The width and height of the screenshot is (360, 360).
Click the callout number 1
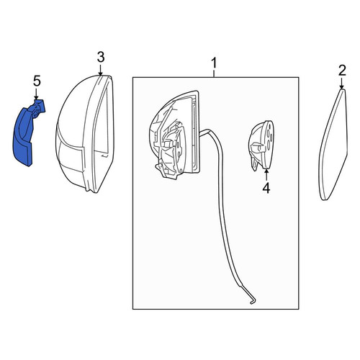pyautogui.click(x=214, y=63)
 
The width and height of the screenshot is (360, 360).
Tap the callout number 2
pyautogui.click(x=342, y=71)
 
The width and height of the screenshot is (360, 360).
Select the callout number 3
pyautogui.click(x=101, y=58)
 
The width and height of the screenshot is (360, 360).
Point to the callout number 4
pyautogui.click(x=266, y=188)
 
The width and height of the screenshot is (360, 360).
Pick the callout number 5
pyautogui.click(x=37, y=81)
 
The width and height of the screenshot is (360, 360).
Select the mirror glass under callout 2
pyautogui.click(x=333, y=145)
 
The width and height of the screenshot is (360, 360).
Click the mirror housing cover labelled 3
pyautogui.click(x=84, y=134)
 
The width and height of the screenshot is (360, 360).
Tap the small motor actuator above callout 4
pyautogui.click(x=261, y=145)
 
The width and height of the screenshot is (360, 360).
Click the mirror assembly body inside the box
pyautogui.click(x=174, y=135)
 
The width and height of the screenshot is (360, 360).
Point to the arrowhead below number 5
pyautogui.click(x=36, y=98)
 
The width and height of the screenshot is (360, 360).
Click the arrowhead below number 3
pyautogui.click(x=101, y=73)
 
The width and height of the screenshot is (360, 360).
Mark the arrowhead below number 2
pyautogui.click(x=342, y=87)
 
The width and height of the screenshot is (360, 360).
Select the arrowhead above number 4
pyautogui.click(x=266, y=171)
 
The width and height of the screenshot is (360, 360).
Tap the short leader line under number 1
pyautogui.click(x=214, y=73)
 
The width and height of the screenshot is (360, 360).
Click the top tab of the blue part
pyautogui.click(x=40, y=106)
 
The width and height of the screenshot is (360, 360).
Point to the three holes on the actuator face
pyautogui.click(x=269, y=135)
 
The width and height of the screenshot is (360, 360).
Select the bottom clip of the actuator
pyautogui.click(x=254, y=164)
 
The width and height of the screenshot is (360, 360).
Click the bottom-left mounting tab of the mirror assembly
pyautogui.click(x=160, y=167)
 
